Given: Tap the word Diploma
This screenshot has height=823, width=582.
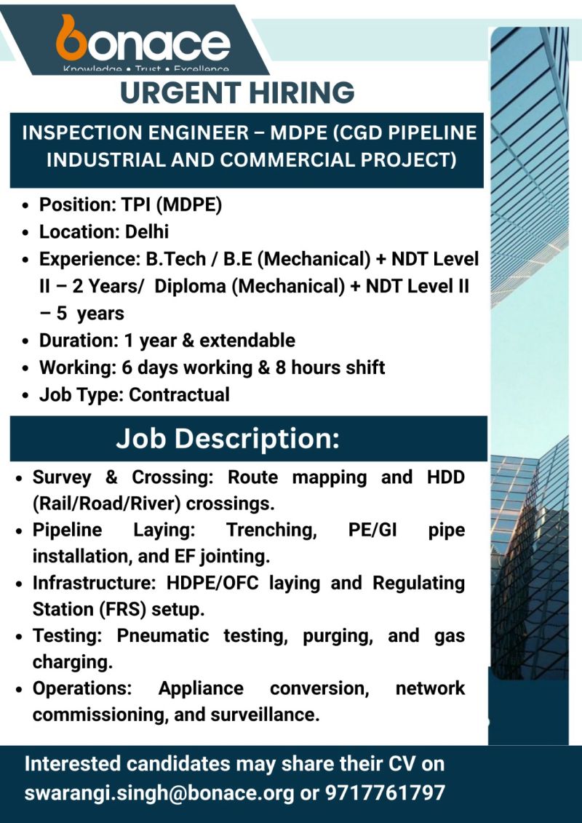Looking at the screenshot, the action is (191, 287).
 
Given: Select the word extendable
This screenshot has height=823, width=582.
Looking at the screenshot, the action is (247, 341).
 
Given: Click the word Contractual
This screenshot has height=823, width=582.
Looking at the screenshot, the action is (179, 394).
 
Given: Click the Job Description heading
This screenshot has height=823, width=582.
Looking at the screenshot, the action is (228, 440).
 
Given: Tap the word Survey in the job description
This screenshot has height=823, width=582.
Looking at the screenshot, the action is (62, 478).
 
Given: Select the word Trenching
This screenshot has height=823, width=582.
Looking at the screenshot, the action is (271, 530).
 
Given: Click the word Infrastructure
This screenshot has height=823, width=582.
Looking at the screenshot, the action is (86, 583).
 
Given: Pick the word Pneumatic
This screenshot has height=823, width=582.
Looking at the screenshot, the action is (162, 635).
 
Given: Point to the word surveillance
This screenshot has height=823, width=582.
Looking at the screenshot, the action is (264, 715).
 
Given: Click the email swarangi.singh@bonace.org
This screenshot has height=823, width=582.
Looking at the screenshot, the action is (159, 792).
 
